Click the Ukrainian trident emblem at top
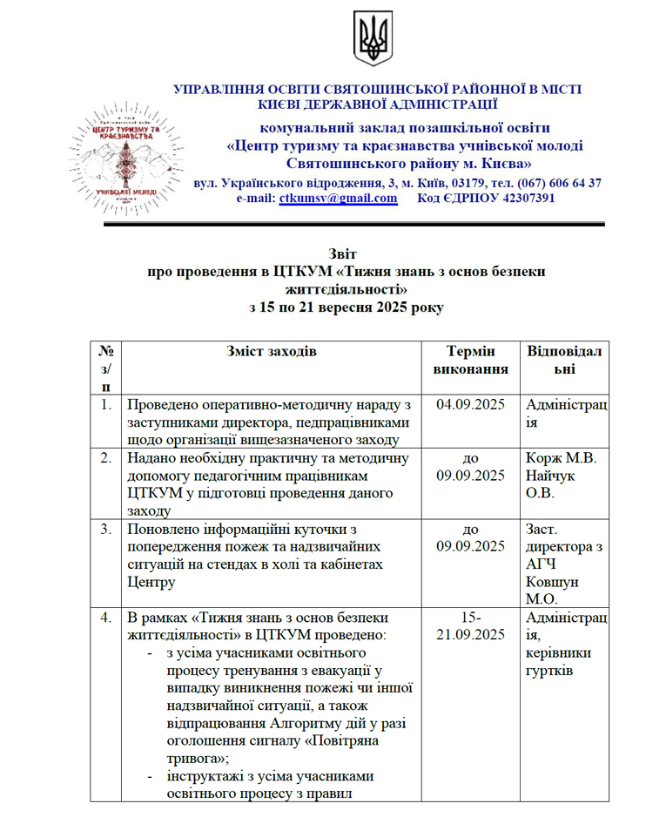click(373, 39)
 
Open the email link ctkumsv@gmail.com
click(338, 199)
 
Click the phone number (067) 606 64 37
click(559, 183)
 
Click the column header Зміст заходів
click(272, 351)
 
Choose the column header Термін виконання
click(471, 360)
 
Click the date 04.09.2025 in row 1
click(471, 405)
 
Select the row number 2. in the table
click(105, 457)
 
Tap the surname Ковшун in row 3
click(549, 581)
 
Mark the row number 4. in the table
click(105, 618)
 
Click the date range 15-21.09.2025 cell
click(471, 625)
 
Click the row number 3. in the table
click(105, 528)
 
